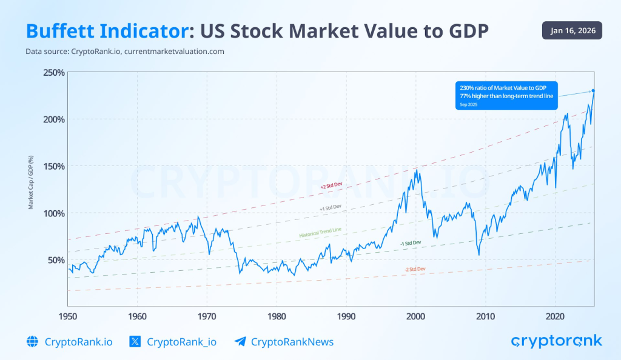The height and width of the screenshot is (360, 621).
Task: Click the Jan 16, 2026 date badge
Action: coord(571,30)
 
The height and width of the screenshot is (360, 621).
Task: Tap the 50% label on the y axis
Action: coord(56,260)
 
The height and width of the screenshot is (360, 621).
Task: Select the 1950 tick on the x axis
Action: coord(67,316)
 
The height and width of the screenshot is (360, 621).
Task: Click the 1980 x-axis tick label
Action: coord(277,316)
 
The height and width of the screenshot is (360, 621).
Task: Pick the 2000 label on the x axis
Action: coord(415,316)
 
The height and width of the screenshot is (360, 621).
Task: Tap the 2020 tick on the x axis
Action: coord(555,316)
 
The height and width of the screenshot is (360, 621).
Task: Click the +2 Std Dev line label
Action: coord(331,187)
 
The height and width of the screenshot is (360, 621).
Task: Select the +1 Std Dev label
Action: coord(331,207)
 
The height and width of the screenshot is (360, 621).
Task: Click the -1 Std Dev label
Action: coord(411,243)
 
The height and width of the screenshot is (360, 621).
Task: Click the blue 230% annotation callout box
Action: coord(506,95)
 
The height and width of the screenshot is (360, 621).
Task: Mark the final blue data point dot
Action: coord(593,91)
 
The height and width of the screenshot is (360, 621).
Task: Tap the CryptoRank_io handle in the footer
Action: coord(181,342)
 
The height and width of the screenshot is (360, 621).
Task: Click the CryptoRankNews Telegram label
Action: coord(292,342)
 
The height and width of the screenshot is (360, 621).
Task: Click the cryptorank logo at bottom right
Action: coord(557,341)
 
